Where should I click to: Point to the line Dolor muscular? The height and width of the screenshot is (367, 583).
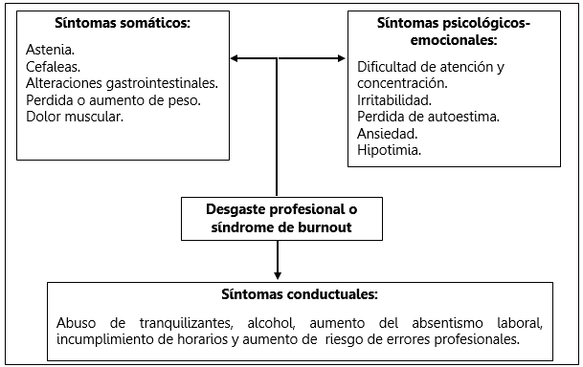click(77, 117)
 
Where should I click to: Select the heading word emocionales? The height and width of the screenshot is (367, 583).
click(454, 39)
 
